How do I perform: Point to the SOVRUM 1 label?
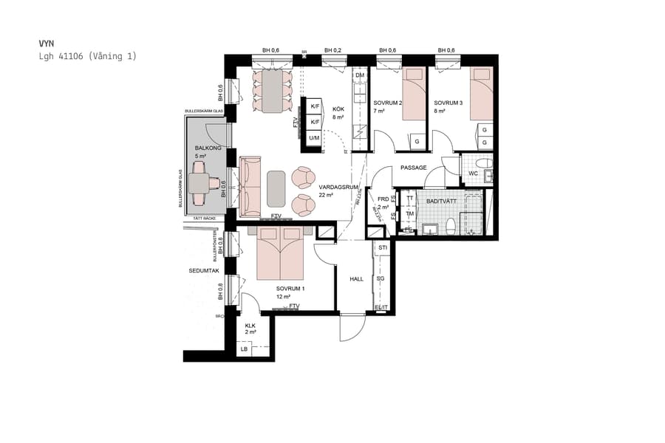(290, 288)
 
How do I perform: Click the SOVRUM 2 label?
(387, 103)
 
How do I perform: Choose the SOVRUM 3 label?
(448, 103)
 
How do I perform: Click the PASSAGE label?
(413, 168)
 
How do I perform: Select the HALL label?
(357, 279)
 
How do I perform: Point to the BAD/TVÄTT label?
(441, 200)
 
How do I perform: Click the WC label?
(473, 174)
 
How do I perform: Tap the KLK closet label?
(250, 325)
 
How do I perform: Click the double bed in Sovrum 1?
(280, 253)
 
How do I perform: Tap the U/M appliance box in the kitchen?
(314, 137)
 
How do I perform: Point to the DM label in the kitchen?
(360, 76)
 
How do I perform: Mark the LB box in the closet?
(245, 349)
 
